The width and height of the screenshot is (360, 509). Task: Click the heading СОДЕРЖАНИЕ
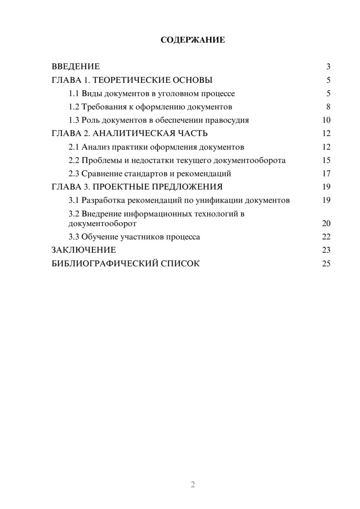coord(193,40)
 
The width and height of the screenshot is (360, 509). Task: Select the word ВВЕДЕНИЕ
coord(76,67)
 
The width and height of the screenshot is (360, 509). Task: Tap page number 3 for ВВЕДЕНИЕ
coord(328,67)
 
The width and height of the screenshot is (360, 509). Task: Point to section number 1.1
coord(74,94)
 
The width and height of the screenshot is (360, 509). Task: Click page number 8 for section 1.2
coord(328,107)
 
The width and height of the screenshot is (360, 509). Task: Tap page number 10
coord(326,120)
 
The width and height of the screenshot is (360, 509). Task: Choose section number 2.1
coord(74,147)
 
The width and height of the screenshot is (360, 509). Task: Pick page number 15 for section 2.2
coord(326,160)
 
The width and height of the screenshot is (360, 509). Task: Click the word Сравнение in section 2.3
coord(102,174)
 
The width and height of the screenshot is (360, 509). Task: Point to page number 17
coord(326,174)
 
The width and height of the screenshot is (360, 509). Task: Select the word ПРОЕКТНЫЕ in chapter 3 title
coord(120,187)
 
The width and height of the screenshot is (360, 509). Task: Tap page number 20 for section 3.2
coord(326,224)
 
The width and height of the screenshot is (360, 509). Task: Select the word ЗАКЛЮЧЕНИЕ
coord(84,250)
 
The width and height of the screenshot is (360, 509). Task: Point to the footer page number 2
coord(193,485)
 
